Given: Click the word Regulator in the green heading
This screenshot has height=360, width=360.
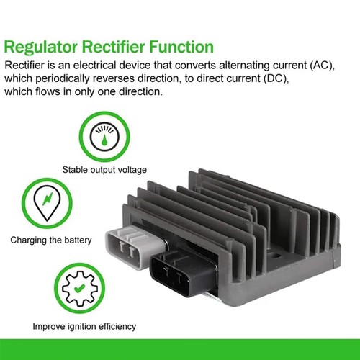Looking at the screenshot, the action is [41, 48].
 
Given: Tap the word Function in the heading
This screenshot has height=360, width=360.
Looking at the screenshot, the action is [181, 47].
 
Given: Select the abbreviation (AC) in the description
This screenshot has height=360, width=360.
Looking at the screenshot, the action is [322, 66].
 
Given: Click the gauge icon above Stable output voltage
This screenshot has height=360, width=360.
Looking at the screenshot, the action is [104, 136].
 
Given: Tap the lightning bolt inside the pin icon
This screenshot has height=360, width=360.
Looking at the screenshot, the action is [48, 199].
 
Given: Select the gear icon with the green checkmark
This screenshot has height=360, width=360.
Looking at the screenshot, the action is [80, 289].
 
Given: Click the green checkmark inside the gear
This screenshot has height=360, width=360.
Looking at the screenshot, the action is [79, 288].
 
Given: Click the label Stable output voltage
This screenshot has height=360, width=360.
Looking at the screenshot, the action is [104, 170].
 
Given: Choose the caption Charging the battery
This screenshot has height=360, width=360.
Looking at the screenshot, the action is [51, 240].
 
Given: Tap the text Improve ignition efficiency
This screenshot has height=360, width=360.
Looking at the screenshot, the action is [84, 326].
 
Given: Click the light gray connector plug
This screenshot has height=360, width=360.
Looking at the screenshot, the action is [135, 246].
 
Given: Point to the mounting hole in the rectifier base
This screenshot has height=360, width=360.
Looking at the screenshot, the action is [276, 256].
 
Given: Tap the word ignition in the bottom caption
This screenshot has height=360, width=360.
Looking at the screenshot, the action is [81, 327].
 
